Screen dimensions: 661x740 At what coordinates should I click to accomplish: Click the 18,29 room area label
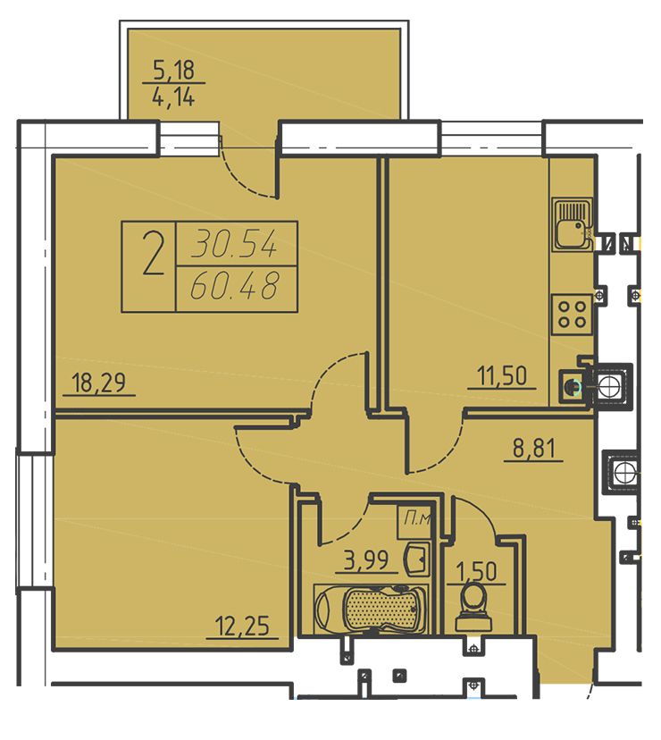tap(98, 383)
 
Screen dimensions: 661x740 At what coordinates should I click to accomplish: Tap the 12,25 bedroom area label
tap(242, 626)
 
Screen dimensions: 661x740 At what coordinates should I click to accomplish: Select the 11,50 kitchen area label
tap(501, 376)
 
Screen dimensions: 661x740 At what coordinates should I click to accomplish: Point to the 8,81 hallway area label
tap(533, 448)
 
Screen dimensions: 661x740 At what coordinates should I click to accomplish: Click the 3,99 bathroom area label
tap(366, 560)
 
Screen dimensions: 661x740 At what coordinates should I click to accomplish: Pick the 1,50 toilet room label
tap(476, 571)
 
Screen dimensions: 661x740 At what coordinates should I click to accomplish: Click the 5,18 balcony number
tap(173, 70)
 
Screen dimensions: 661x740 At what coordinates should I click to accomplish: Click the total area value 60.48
tap(236, 286)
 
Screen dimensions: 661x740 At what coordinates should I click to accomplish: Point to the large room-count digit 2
tap(154, 256)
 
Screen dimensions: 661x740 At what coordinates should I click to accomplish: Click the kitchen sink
tap(572, 223)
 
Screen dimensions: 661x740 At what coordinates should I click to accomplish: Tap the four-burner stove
tap(572, 315)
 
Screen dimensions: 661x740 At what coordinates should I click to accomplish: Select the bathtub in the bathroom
tap(372, 609)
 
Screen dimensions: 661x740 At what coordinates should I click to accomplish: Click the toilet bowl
tap(473, 609)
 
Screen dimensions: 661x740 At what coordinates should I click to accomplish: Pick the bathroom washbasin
tap(416, 559)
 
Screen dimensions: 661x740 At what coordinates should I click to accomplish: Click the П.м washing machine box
tap(415, 522)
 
